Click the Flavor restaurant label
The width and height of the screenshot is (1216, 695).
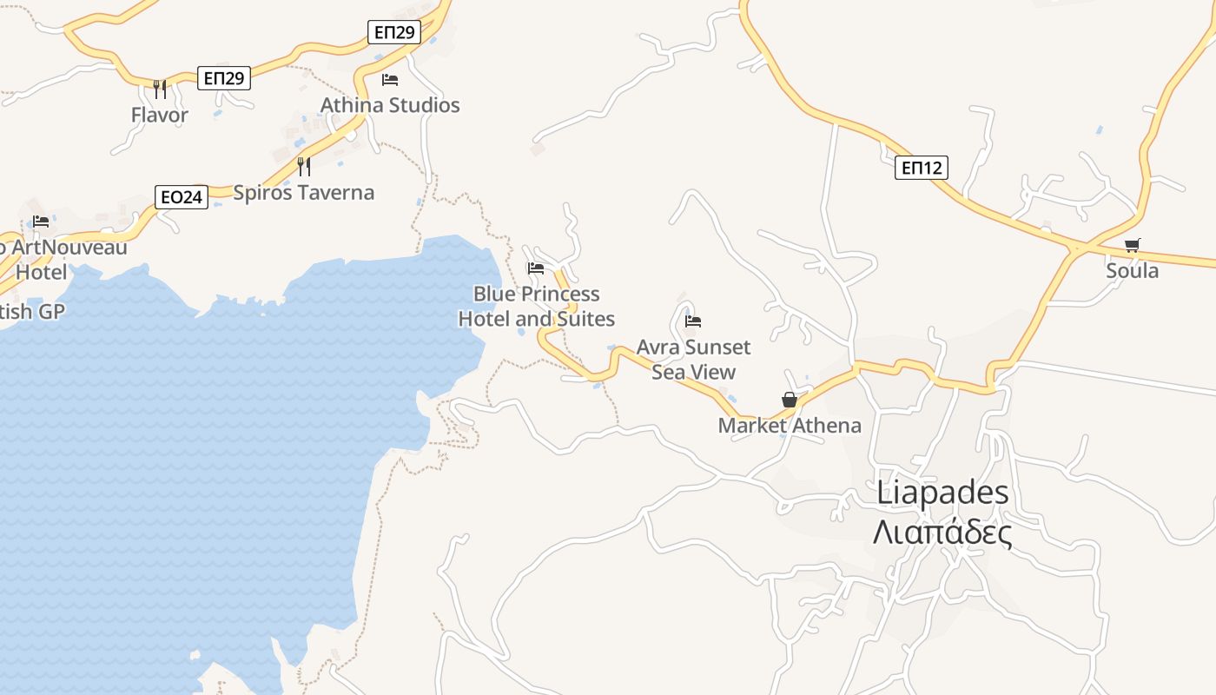(x=159, y=115)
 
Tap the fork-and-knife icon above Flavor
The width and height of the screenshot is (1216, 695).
(x=159, y=89)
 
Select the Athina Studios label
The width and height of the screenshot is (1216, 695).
(x=390, y=105)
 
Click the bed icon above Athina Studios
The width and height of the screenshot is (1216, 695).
(x=390, y=80)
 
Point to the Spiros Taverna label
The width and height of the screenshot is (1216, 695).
(x=303, y=193)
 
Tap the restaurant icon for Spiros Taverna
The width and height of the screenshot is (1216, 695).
(x=304, y=166)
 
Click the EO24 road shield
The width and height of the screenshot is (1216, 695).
(x=182, y=197)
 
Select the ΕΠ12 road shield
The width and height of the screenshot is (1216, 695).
(x=921, y=168)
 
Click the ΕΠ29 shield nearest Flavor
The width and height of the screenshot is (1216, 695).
(x=224, y=78)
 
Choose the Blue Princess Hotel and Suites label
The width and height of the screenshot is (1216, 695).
(x=536, y=307)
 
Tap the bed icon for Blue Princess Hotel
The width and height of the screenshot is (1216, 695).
(x=536, y=268)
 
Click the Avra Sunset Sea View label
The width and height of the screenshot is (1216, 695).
(x=693, y=360)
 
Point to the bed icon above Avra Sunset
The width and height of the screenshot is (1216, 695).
(x=693, y=321)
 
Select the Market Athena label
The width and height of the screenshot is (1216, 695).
(x=790, y=426)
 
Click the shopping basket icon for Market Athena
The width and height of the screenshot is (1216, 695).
(x=790, y=400)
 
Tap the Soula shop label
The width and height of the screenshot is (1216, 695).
(x=1132, y=271)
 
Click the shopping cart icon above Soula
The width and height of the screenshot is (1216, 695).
(x=1132, y=245)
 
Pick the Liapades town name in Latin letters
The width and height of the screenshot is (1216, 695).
(x=942, y=493)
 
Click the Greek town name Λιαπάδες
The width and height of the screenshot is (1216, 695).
(x=942, y=532)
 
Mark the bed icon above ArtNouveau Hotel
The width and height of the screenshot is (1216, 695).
(x=41, y=222)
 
